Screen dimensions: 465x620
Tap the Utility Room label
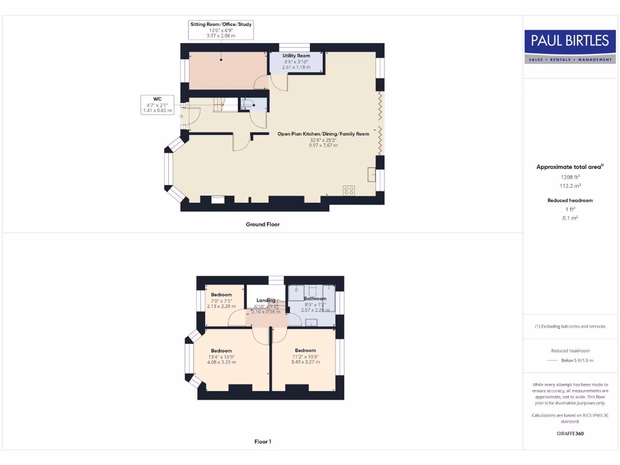coord(296,56)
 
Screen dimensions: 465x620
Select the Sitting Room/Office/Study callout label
coord(221,24)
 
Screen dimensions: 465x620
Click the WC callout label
coord(157,98)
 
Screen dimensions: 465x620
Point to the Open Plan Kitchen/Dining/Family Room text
coord(323,134)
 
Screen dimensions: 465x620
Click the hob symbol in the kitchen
coord(349,190)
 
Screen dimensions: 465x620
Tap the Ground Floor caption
coord(262,224)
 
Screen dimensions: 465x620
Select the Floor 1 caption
coord(262,442)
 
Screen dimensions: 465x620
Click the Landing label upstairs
coord(266,300)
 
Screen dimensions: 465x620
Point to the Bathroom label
coord(315,298)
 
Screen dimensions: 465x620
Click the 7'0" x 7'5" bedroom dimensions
coord(221,301)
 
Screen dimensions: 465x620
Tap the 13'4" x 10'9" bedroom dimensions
coord(221,357)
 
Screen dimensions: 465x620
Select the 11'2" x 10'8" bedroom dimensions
coord(305,357)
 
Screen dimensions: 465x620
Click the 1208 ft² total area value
coord(569,177)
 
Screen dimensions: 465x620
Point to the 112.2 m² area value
coord(569,186)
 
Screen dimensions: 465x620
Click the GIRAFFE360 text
coord(569,434)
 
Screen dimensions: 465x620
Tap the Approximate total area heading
coord(569,167)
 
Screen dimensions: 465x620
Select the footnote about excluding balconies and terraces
coord(569,326)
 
